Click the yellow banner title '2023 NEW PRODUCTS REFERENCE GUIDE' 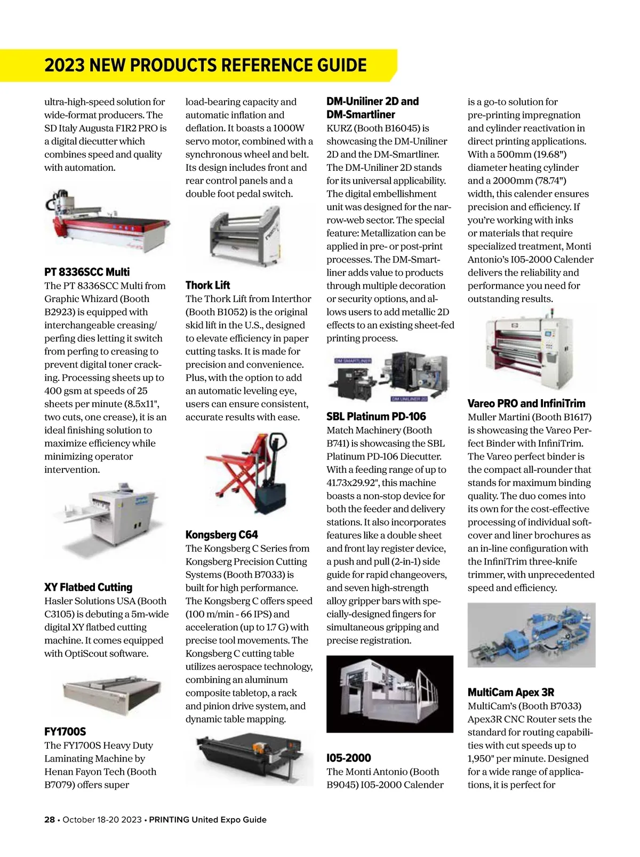pos(205,65)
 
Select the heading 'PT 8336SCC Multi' pos(87,272)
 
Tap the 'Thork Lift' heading pos(207,285)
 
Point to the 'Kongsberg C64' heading pos(221,535)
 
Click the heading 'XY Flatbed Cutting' pos(88,588)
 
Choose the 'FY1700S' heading pos(65,732)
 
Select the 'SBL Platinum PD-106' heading pos(376,417)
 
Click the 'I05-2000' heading pos(348,758)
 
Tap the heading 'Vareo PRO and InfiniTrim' pos(526,403)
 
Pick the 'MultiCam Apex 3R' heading pos(510,693)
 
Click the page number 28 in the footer pos(49,820)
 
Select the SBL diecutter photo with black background pos(389,694)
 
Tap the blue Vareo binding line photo pos(531,635)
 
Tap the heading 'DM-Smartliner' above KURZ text pos(361,115)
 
